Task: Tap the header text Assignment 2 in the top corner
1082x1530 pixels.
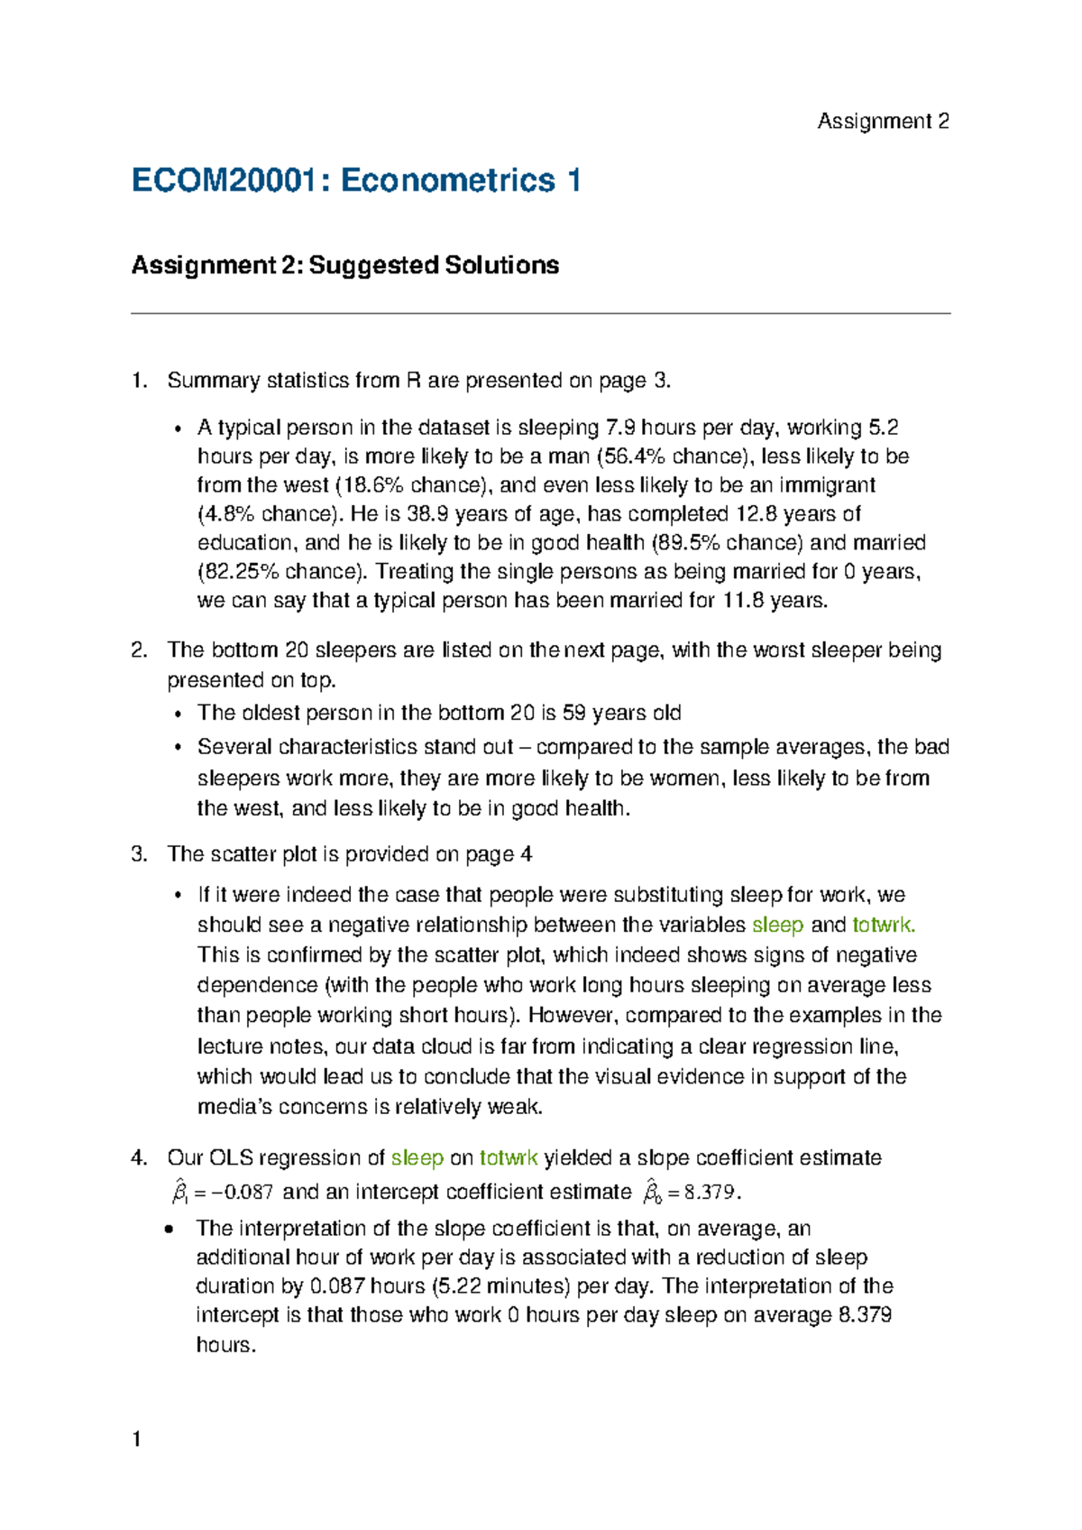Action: (882, 122)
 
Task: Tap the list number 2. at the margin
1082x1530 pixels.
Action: (139, 650)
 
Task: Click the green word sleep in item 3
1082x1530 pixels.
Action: (777, 926)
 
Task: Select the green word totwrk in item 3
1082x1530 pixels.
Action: (883, 926)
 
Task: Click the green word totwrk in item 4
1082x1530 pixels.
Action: (508, 1158)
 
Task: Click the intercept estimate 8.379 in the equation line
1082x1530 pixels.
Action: (711, 1193)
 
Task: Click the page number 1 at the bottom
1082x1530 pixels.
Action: (136, 1439)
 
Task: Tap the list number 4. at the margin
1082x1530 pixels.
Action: (139, 1158)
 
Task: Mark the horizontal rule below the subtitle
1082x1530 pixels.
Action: (541, 314)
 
